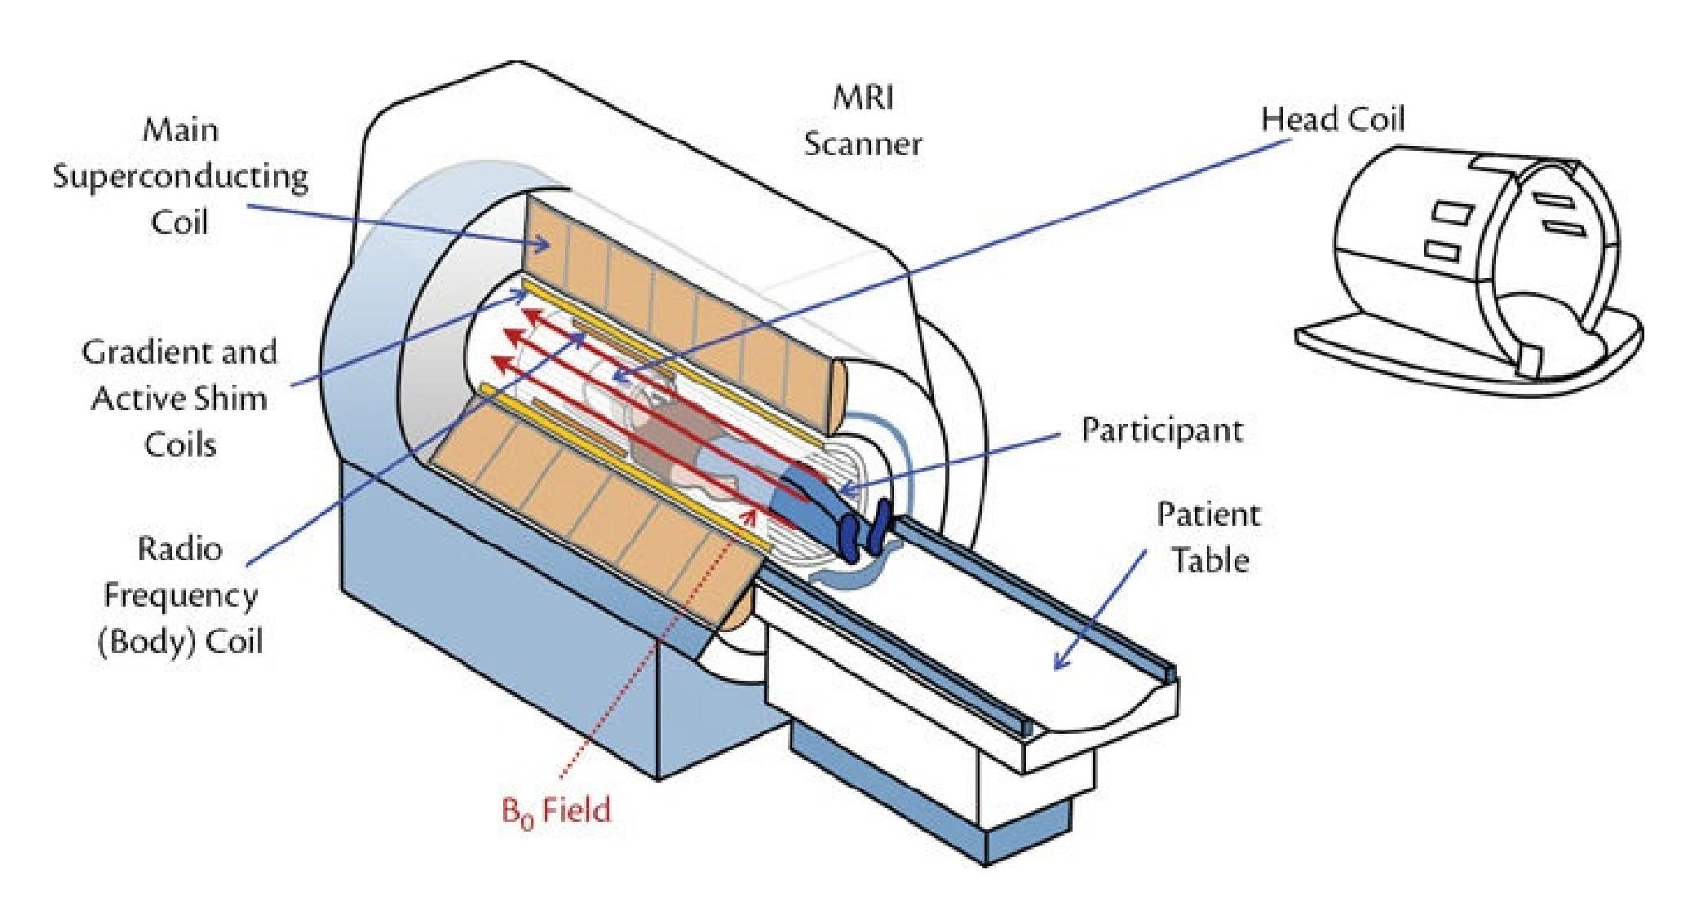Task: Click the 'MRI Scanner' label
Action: (x=862, y=121)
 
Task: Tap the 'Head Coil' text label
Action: (x=1333, y=120)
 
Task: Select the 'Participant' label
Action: (x=1161, y=430)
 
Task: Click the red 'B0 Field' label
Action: (x=555, y=810)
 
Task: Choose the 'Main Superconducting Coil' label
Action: (x=180, y=176)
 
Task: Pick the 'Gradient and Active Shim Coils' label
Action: (x=179, y=399)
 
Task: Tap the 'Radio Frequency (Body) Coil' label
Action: (x=180, y=594)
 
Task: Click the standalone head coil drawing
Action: (x=1468, y=261)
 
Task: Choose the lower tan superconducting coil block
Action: (x=604, y=530)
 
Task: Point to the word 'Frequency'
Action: (x=180, y=594)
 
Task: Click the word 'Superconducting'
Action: (x=180, y=176)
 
